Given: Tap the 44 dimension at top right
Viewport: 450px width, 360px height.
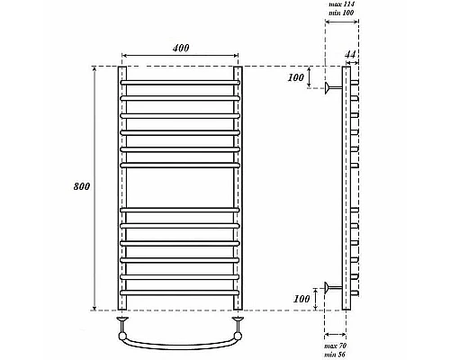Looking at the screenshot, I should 350,56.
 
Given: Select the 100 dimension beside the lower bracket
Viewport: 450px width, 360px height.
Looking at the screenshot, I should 302,297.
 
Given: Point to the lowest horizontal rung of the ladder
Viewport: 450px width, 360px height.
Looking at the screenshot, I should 180,290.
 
